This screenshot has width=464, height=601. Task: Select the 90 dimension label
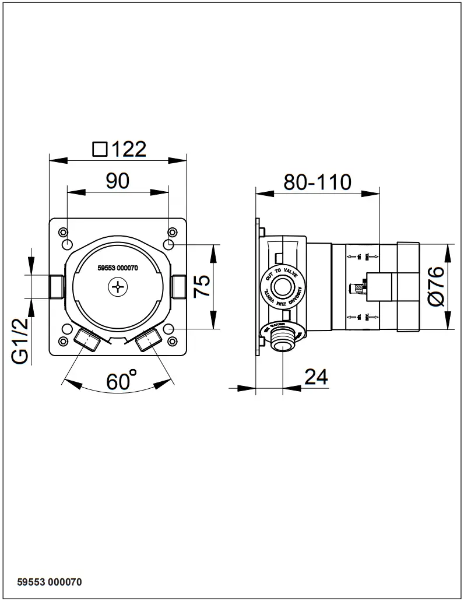pos(117,181)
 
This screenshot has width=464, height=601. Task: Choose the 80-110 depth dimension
pos(317,182)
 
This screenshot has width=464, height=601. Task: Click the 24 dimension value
pos(317,377)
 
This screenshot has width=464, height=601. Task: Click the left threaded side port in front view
pos(56,286)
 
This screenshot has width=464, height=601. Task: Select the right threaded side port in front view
pos(179,286)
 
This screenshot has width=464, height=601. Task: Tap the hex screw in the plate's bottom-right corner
pos(171,341)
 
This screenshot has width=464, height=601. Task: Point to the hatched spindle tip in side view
pos(354,287)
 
